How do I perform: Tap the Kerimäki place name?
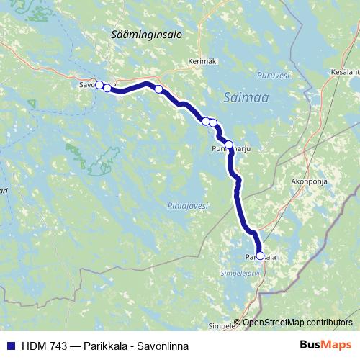pyautogui.click(x=202, y=62)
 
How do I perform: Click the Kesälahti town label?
pyautogui.click(x=344, y=72)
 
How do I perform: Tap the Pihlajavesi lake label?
pyautogui.click(x=189, y=206)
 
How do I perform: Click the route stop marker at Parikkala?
pyautogui.click(x=260, y=256)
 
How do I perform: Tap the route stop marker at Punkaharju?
pyautogui.click(x=229, y=145)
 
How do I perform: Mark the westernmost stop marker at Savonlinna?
pyautogui.click(x=99, y=85)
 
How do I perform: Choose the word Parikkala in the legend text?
pyautogui.click(x=105, y=346)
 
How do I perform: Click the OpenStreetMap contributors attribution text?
pyautogui.click(x=297, y=323)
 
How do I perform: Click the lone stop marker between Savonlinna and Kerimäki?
pyautogui.click(x=158, y=89)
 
